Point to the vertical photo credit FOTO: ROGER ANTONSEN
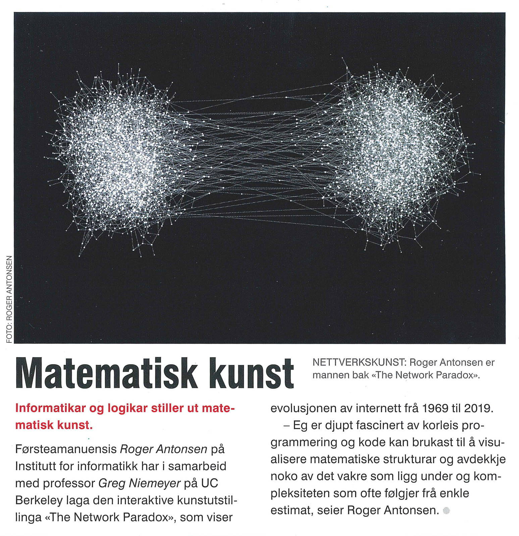[9, 299]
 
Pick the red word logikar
[127, 408]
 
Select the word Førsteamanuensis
[66, 449]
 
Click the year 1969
[435, 408]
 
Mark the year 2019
[478, 408]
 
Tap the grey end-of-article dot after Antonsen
[447, 511]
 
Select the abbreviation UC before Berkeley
[210, 483]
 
